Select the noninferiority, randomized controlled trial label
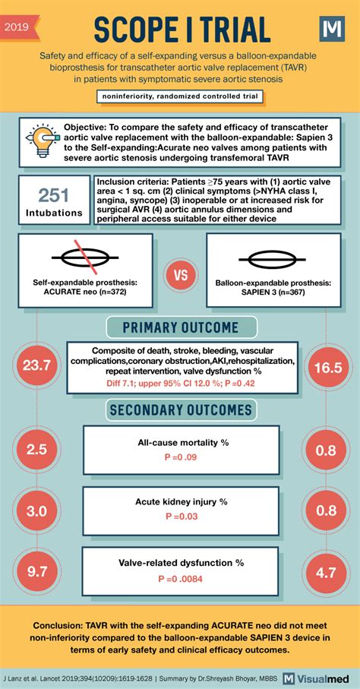[x=180, y=96]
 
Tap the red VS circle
[x=181, y=274]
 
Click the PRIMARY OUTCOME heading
[x=180, y=328]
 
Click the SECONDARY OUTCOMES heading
[x=180, y=409]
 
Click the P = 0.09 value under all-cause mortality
[x=180, y=457]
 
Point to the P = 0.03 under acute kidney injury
[x=180, y=516]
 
